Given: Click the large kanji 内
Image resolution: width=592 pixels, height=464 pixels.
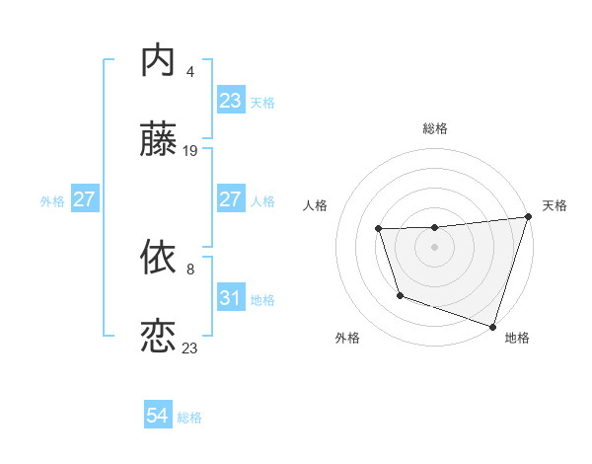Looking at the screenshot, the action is [159, 61].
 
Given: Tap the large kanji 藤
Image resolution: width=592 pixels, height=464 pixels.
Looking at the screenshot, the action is [159, 141].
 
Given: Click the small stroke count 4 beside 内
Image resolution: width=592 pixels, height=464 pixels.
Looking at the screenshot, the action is [189, 71].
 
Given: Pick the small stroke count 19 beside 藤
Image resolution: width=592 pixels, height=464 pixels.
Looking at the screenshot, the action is [190, 151].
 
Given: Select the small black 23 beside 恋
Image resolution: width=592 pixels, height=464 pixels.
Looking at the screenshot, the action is [190, 348].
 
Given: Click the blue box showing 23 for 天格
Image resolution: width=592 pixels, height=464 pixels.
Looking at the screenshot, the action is [230, 101].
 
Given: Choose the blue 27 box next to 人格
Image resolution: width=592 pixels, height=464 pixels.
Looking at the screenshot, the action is [230, 198].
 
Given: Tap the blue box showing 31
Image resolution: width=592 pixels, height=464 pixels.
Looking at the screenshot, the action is [230, 297].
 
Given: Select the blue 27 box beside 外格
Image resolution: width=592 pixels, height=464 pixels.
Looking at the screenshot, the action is [85, 199].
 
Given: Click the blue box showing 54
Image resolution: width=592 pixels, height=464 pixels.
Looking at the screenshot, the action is [158, 416].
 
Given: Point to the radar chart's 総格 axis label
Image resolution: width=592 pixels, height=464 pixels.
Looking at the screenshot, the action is [435, 128].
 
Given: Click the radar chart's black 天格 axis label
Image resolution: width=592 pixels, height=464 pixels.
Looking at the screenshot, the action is [555, 205].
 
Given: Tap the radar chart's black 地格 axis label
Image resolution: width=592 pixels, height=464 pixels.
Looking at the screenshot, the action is [517, 338].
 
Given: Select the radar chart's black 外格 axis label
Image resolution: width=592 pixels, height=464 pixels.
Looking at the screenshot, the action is [347, 338].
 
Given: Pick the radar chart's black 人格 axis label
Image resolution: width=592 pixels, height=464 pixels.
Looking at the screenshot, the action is [316, 205].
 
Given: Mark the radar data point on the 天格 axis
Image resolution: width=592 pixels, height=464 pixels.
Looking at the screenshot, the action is [528, 217].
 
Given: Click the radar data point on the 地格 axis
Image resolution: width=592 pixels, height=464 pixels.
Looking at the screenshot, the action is [492, 325].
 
